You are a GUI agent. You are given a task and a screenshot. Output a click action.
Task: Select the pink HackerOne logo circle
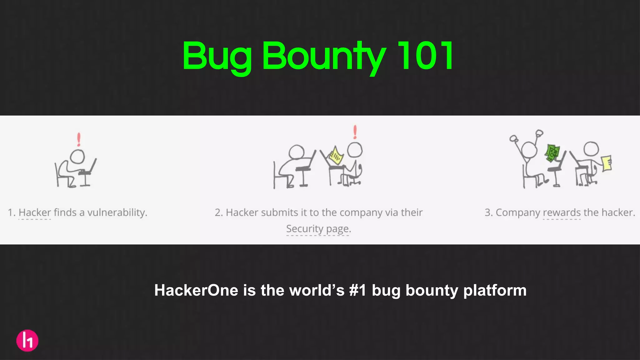point(27,340)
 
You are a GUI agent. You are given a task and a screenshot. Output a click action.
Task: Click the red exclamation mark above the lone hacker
point(79,139)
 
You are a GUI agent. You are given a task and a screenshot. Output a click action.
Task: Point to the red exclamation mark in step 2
point(355,132)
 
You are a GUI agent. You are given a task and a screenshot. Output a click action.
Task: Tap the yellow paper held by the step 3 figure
point(606,163)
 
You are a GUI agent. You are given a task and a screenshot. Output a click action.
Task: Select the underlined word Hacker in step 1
point(35,212)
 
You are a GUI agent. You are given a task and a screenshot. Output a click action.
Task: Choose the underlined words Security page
point(318,229)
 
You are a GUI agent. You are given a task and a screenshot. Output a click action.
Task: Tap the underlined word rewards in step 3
point(562,212)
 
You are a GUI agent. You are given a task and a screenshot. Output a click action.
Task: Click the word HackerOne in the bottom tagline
point(196,290)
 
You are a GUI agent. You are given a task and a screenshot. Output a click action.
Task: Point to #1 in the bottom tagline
point(357,290)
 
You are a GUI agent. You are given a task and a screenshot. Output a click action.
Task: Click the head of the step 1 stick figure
point(77,156)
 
